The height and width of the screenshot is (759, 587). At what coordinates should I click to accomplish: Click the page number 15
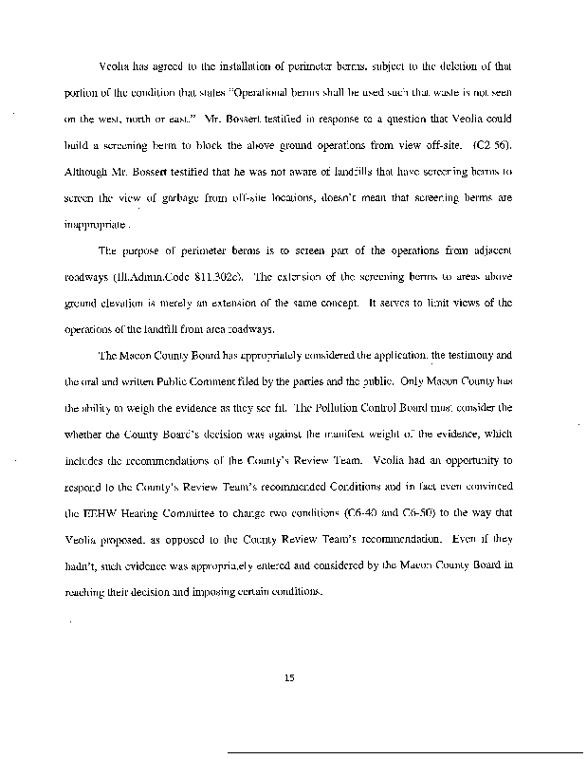tap(292, 676)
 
